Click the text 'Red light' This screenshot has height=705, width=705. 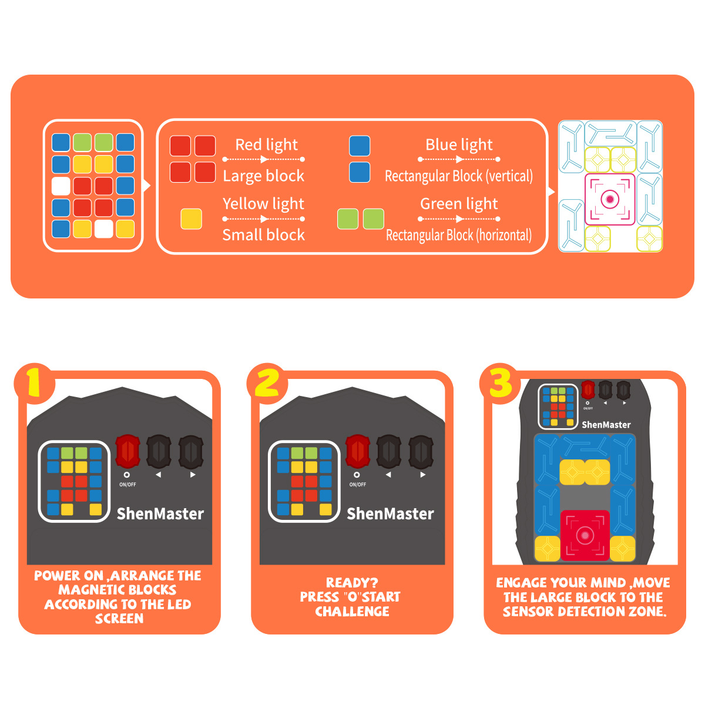tap(266, 145)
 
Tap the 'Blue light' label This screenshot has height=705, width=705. tap(459, 145)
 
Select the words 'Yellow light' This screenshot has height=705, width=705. tap(263, 203)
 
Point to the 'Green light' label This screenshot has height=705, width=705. tap(459, 203)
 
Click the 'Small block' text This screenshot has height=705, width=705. tap(263, 234)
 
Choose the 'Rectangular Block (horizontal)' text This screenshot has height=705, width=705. tap(459, 235)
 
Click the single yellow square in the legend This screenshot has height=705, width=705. tap(191, 219)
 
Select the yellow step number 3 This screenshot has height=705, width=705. tap(500, 382)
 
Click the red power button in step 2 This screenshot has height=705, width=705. tap(357, 451)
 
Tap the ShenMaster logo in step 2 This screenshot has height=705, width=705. tap(390, 513)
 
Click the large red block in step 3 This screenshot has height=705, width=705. tap(585, 536)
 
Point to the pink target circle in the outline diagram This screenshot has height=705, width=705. tap(609, 199)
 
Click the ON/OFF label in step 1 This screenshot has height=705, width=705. tap(127, 484)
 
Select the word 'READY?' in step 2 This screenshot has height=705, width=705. tap(352, 582)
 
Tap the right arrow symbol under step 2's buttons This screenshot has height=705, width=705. tap(422, 475)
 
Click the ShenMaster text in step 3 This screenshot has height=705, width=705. tap(606, 425)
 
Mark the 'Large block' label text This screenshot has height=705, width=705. tap(263, 176)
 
